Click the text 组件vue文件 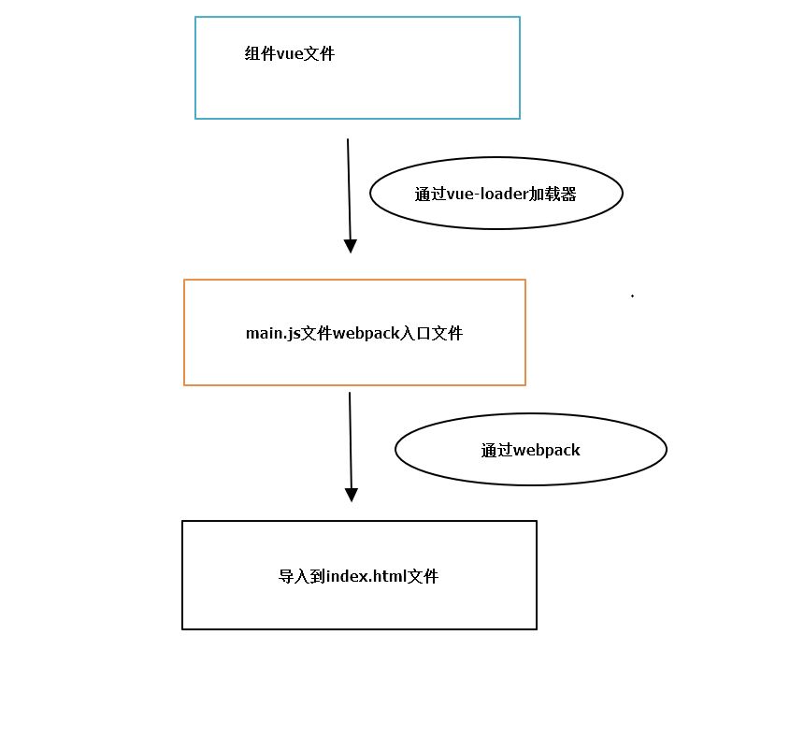[x=290, y=54]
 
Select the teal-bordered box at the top [x=357, y=89]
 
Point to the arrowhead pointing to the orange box [x=351, y=246]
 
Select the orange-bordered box [x=354, y=360]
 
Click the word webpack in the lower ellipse [x=547, y=450]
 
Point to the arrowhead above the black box [x=352, y=495]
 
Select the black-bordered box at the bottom [x=359, y=603]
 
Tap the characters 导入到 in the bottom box [x=302, y=576]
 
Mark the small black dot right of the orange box [x=633, y=296]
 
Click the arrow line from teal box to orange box [x=349, y=187]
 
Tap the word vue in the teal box [x=291, y=54]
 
